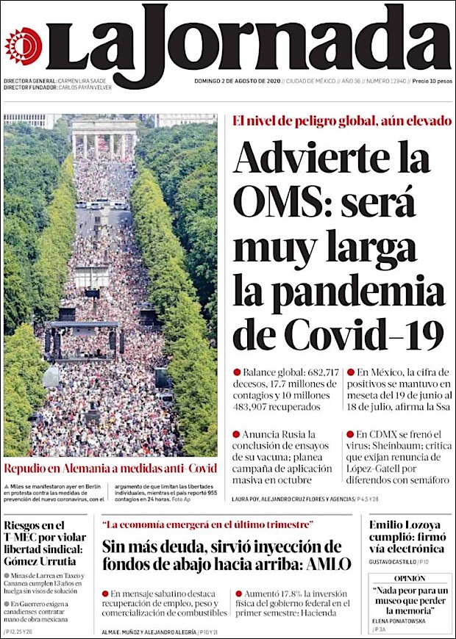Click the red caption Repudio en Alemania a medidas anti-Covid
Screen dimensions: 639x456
110,469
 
